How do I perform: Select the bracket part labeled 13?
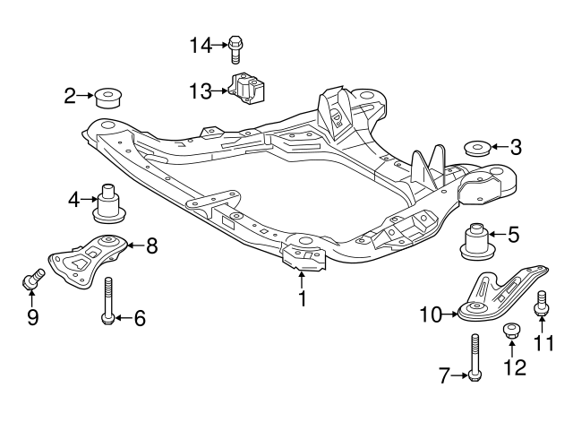click(x=250, y=90)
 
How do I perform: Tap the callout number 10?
click(x=431, y=314)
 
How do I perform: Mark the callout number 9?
click(x=33, y=317)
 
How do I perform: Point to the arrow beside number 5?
click(x=499, y=236)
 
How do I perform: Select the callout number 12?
click(x=514, y=366)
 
